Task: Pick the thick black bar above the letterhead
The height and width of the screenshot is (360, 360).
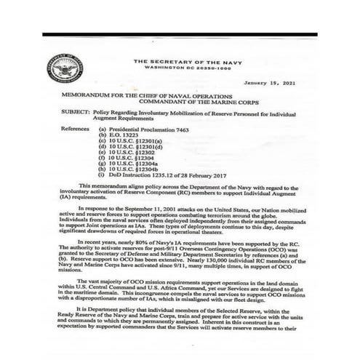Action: pyautogui.click(x=179, y=34)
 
